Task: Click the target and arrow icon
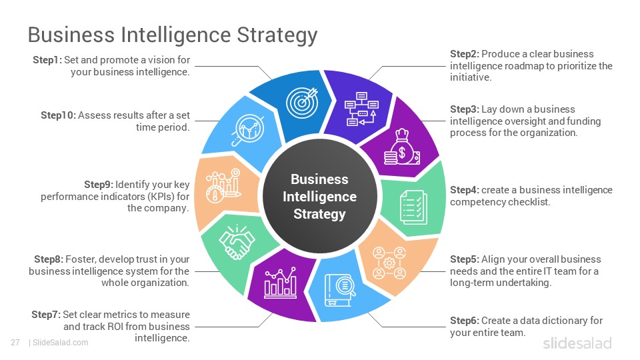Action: pyautogui.click(x=302, y=102)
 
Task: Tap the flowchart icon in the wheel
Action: pyautogui.click(x=361, y=109)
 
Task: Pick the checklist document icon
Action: pyautogui.click(x=414, y=207)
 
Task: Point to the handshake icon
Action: pyautogui.click(x=237, y=243)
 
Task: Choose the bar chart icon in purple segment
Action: pyautogui.click(x=281, y=283)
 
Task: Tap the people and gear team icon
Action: pyautogui.click(x=389, y=263)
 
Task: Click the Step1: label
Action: pyautogui.click(x=47, y=60)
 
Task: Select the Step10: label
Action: pyautogui.click(x=59, y=115)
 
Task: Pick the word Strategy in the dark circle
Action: pyautogui.click(x=319, y=214)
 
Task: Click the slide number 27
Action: pyautogui.click(x=15, y=343)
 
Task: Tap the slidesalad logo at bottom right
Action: pyautogui.click(x=577, y=343)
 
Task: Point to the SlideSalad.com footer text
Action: pyautogui.click(x=60, y=343)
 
